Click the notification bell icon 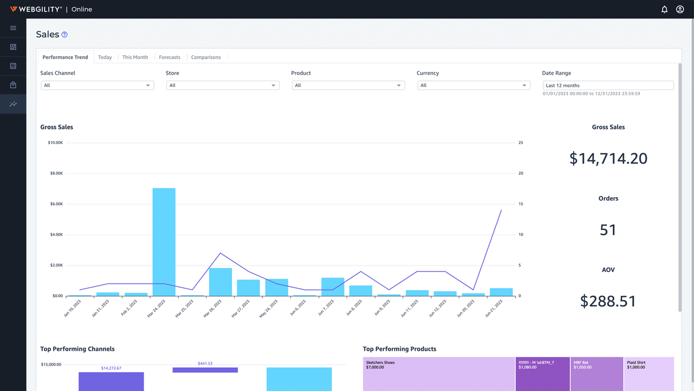[664, 9]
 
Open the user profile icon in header [680, 9]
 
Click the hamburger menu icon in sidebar [13, 28]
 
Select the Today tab [105, 57]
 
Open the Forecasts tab [169, 57]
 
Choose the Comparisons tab [205, 57]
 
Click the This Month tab [135, 57]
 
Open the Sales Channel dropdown [97, 85]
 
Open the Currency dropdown [473, 85]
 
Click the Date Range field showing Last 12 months [608, 85]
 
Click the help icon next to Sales [65, 35]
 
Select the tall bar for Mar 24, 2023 [164, 242]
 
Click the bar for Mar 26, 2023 [220, 282]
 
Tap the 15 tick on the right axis [520, 204]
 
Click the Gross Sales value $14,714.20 [608, 159]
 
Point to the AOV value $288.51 [608, 301]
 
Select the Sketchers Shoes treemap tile [438, 375]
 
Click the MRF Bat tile [596, 375]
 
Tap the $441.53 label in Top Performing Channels [205, 363]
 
